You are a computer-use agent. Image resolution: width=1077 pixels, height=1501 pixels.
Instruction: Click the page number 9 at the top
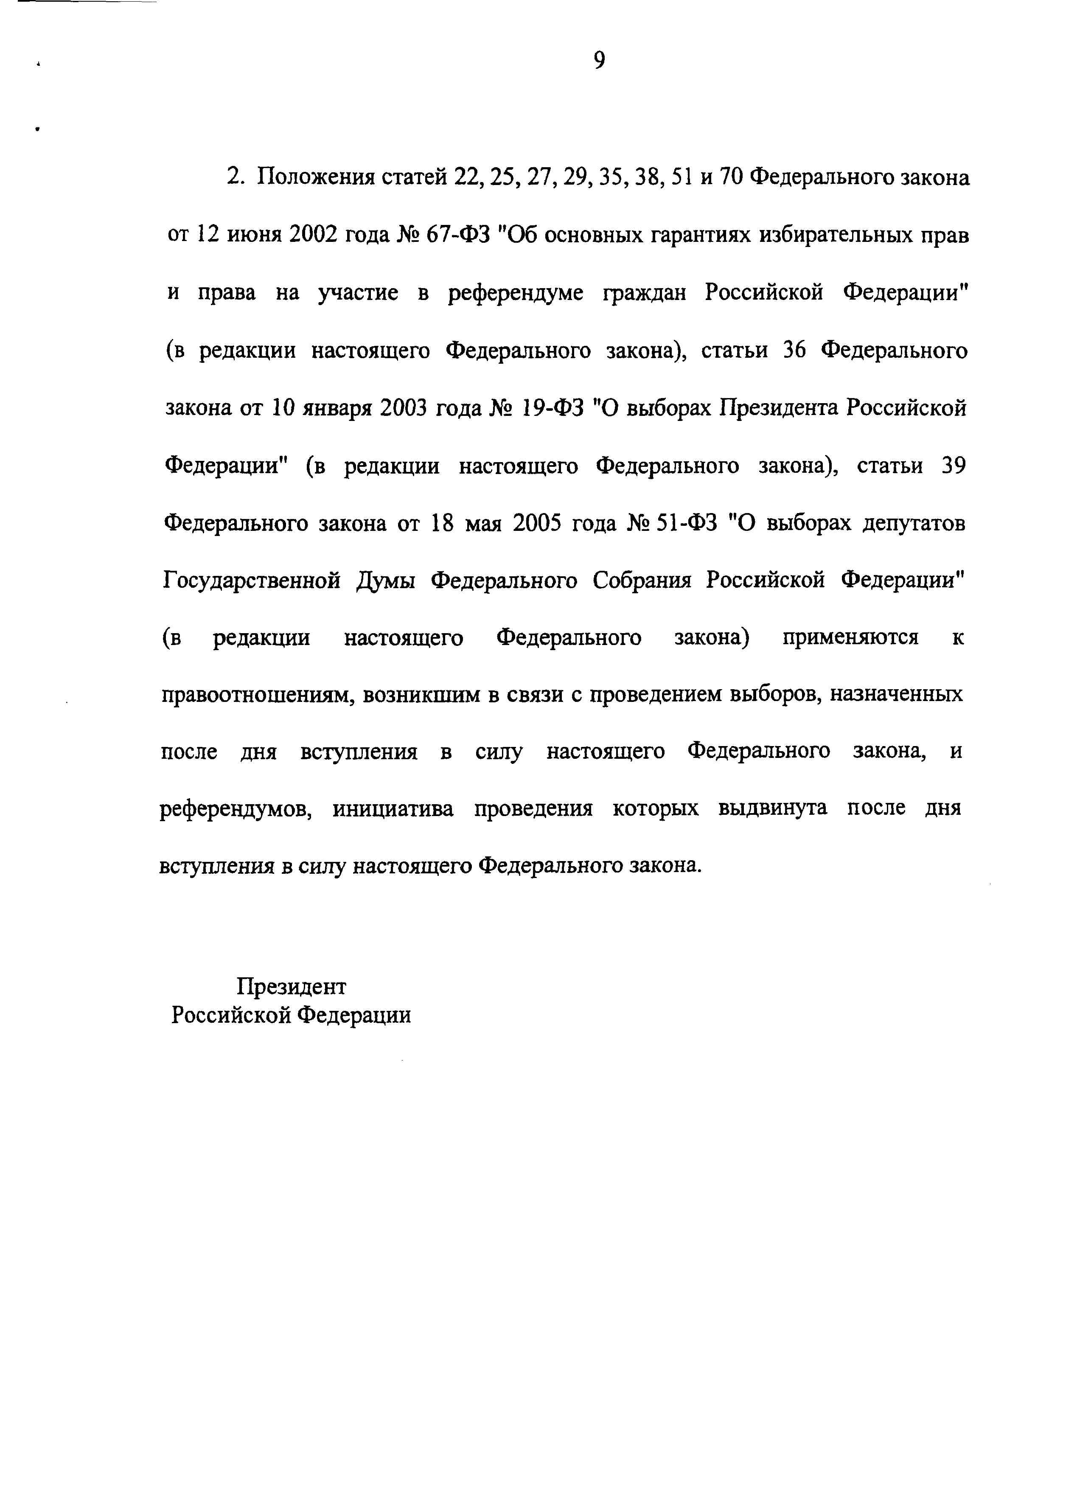[598, 61]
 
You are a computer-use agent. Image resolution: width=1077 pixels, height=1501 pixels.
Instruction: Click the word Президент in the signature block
[291, 987]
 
